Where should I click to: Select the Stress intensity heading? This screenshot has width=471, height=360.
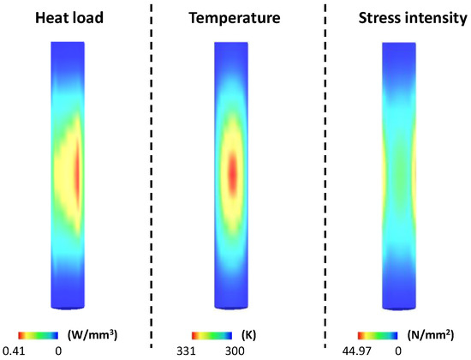[x=397, y=15]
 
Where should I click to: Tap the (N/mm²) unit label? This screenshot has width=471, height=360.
[x=425, y=334]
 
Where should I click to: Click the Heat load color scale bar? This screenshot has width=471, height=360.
[x=39, y=334]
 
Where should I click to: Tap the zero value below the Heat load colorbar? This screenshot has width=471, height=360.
[x=58, y=349]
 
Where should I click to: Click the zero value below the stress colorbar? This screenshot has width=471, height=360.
[x=398, y=349]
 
